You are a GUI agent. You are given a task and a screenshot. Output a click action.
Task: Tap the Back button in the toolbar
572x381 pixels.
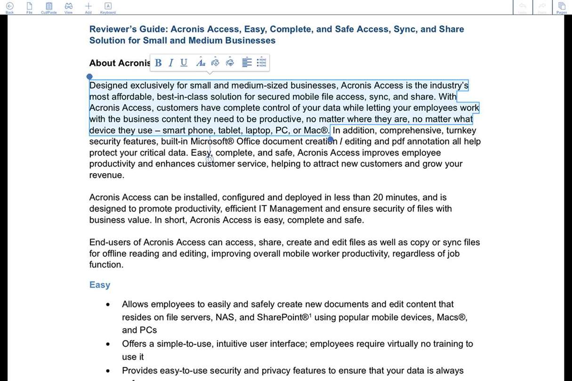click(x=9, y=7)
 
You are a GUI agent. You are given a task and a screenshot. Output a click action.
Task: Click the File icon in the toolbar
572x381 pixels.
click(x=29, y=7)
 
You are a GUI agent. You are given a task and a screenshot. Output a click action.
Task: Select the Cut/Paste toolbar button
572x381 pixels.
click(x=48, y=7)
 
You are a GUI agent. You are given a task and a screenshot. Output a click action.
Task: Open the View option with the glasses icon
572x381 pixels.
click(x=69, y=7)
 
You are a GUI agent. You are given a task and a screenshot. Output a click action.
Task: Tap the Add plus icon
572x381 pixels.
click(x=88, y=7)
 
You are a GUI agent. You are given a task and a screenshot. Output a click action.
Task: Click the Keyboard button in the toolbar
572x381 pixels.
click(x=108, y=7)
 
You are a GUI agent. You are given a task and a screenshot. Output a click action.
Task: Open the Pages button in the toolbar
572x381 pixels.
click(x=562, y=7)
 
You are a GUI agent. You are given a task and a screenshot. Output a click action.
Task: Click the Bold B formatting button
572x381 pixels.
click(x=158, y=63)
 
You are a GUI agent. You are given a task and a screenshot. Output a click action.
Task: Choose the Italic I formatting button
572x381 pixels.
click(x=171, y=63)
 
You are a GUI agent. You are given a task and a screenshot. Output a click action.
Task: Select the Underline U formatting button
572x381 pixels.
click(x=184, y=63)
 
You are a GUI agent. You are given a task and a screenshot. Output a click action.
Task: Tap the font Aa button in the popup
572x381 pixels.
click(x=201, y=63)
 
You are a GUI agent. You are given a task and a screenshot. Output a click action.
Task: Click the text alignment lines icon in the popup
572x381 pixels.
click(x=247, y=63)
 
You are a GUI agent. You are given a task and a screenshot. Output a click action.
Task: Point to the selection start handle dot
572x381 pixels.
click(x=89, y=76)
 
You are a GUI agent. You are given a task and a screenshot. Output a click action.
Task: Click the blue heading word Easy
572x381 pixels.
click(x=100, y=285)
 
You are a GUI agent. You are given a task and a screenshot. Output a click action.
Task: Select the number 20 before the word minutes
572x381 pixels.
click(x=378, y=198)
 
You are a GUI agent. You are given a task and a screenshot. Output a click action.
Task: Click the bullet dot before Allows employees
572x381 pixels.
click(x=108, y=305)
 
